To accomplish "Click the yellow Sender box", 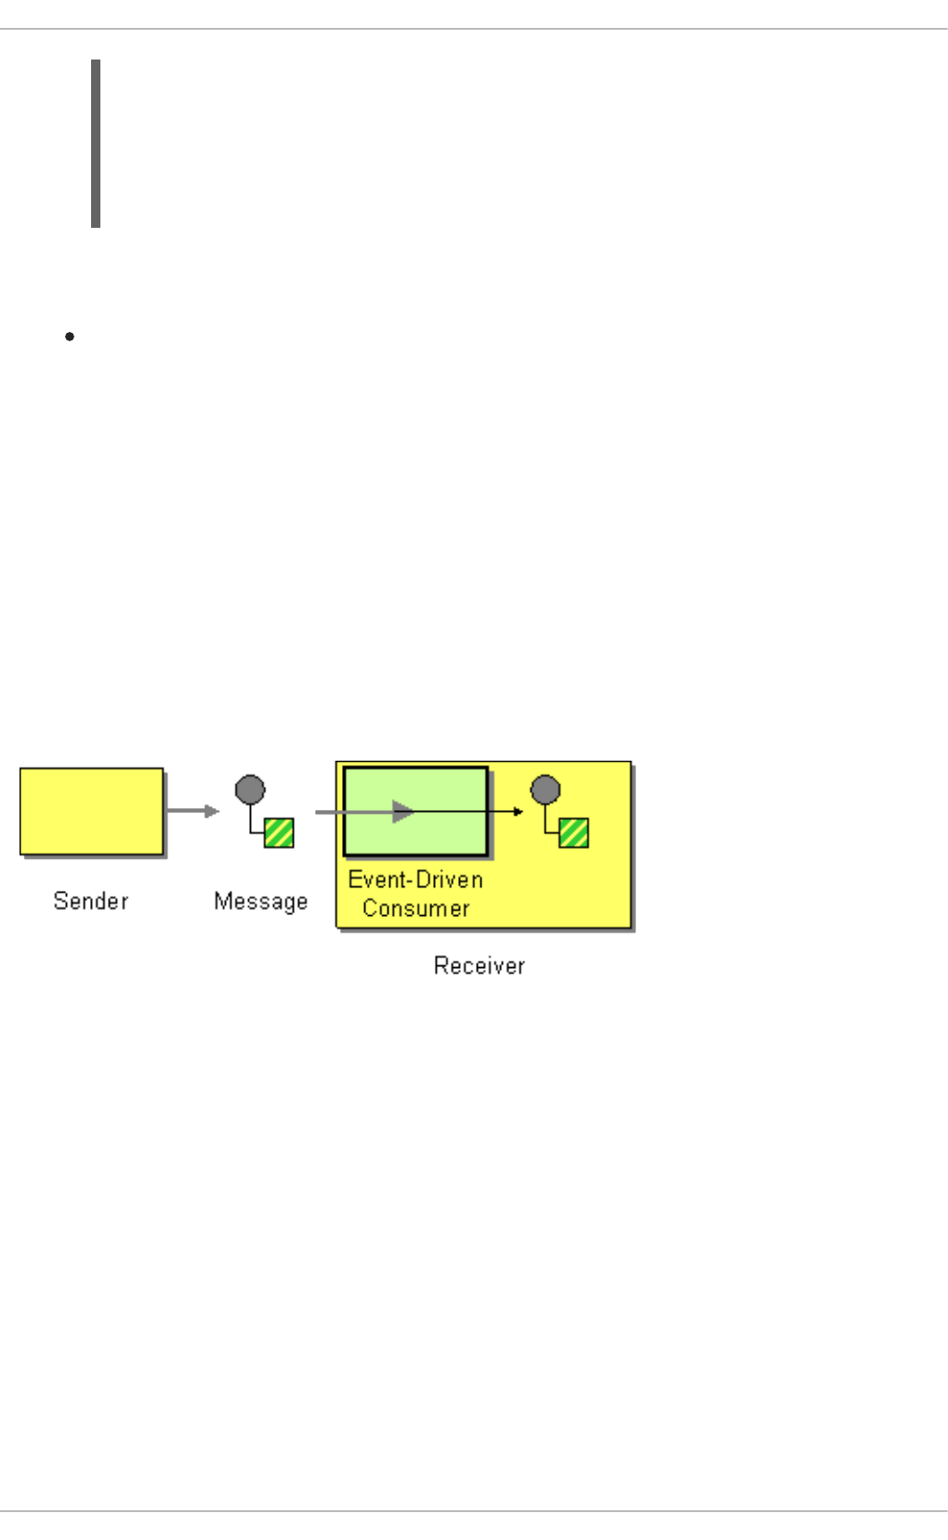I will coord(91,811).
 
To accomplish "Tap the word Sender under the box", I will coord(90,900).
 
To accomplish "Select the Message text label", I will coord(260,900).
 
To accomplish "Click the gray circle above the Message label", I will coord(250,790).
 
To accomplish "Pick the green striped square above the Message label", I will coord(279,832).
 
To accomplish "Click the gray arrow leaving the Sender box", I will coord(192,811).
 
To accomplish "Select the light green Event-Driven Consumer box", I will coord(415,790).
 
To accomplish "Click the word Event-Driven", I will coord(415,879).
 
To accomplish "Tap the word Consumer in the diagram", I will coord(415,908).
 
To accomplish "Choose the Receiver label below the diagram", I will coord(479,965).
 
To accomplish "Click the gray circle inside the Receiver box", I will coord(546,790).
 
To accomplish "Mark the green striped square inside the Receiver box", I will coord(573,832).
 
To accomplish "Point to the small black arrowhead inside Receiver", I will coord(519,812).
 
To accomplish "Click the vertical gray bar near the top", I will coord(96,143).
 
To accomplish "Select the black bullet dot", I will coord(70,336).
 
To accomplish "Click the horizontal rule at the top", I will coord(474,29).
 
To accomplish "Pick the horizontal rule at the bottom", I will coord(474,1511).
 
